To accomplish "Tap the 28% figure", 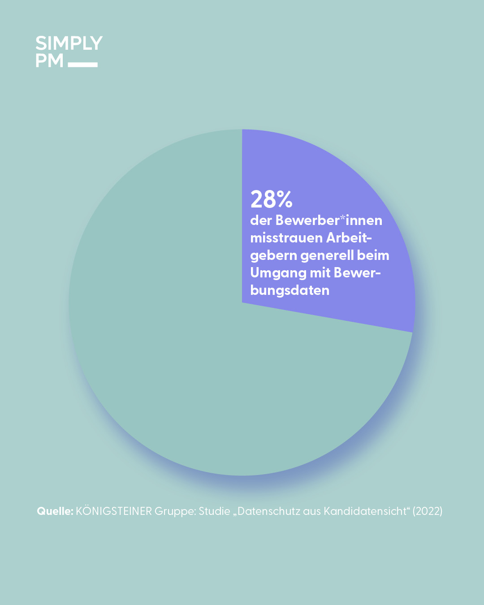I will (x=271, y=199).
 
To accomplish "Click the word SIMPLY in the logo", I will (x=69, y=43).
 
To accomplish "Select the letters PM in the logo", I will (x=49, y=60).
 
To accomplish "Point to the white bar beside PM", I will (x=83, y=65).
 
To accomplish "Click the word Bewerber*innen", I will (x=328, y=220).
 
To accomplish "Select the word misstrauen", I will (x=286, y=238).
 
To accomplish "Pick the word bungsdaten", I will (x=290, y=290).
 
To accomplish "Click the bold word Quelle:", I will (x=55, y=511).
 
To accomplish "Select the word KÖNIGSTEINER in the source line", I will (x=114, y=511).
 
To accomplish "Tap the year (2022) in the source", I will (x=428, y=511).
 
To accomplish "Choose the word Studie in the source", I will (x=214, y=511).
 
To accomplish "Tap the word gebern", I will (x=273, y=255).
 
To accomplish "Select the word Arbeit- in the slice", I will (x=349, y=238).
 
